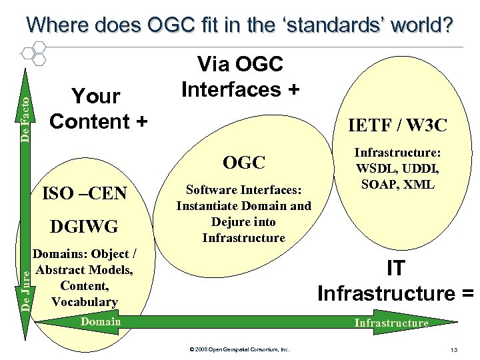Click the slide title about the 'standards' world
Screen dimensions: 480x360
pos(239,25)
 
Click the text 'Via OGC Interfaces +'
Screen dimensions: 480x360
pos(240,77)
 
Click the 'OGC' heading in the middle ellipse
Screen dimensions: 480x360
pos(244,162)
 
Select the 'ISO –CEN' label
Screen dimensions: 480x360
pos(84,194)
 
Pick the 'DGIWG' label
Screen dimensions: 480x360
pos(84,227)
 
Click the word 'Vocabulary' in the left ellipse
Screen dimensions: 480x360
pos(84,302)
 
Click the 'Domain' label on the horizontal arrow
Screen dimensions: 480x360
pos(100,322)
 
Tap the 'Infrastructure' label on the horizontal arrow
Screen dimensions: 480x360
pos(391,323)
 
